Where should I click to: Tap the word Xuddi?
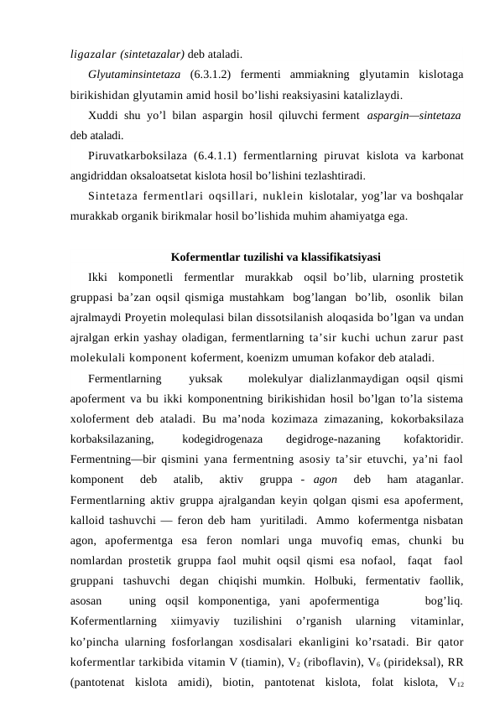102,115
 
